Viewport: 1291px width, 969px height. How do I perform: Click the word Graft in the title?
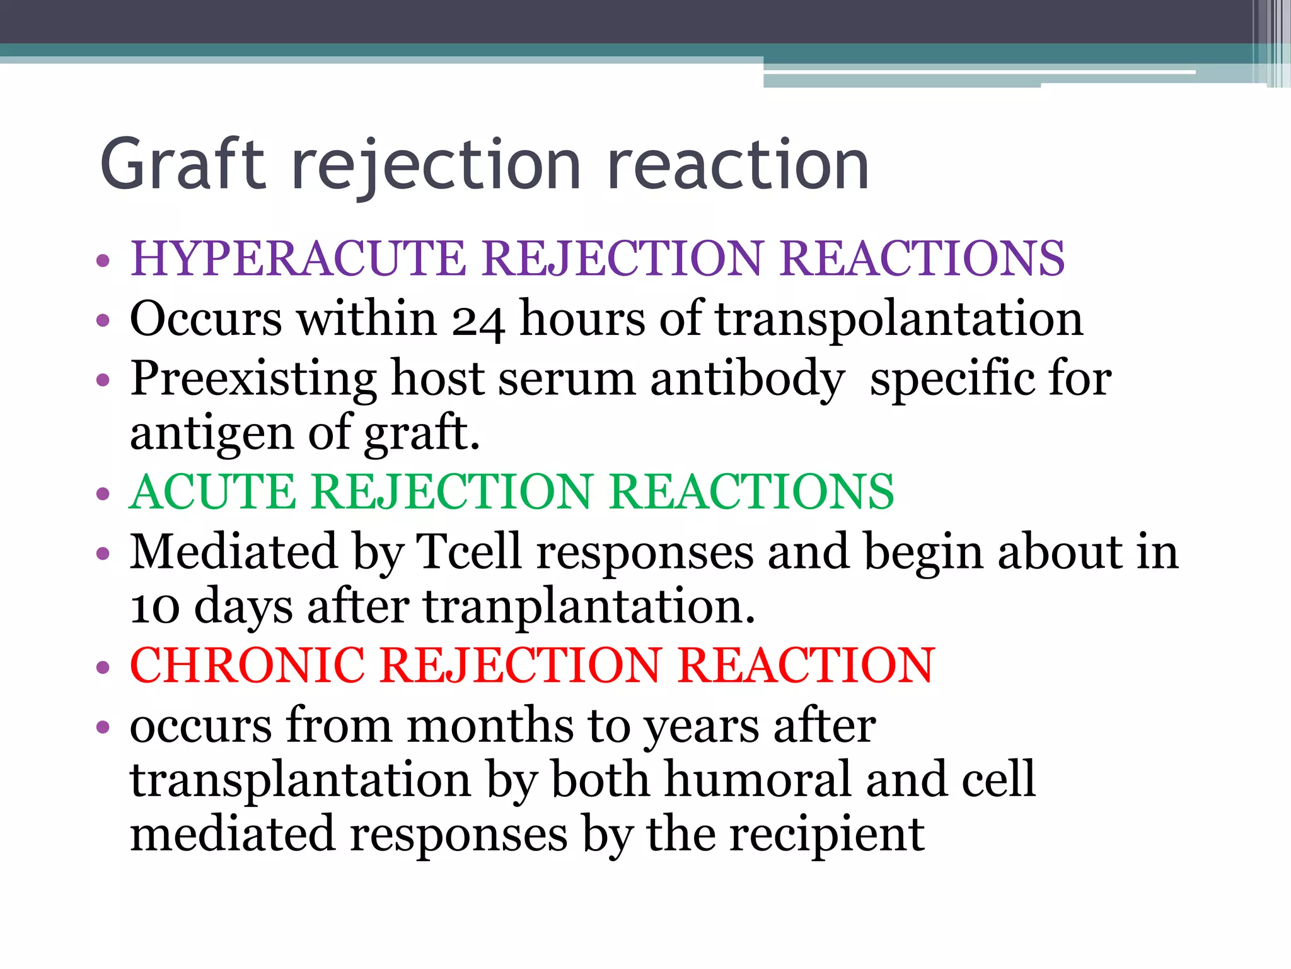183,165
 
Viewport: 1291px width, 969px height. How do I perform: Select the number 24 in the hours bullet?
477,320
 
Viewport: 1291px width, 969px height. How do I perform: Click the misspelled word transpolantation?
898,319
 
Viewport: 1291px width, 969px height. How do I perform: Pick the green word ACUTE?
213,492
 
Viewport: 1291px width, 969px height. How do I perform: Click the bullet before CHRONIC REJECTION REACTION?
103,667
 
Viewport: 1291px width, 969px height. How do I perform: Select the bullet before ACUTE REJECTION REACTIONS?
103,494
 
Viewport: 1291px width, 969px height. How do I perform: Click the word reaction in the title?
738,165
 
